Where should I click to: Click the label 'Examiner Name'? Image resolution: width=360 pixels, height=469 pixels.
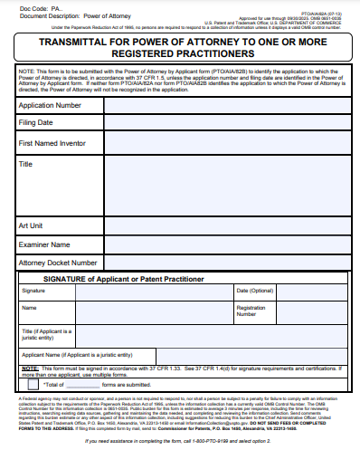click(44, 244)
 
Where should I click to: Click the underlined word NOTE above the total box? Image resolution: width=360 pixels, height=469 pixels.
click(29, 368)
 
